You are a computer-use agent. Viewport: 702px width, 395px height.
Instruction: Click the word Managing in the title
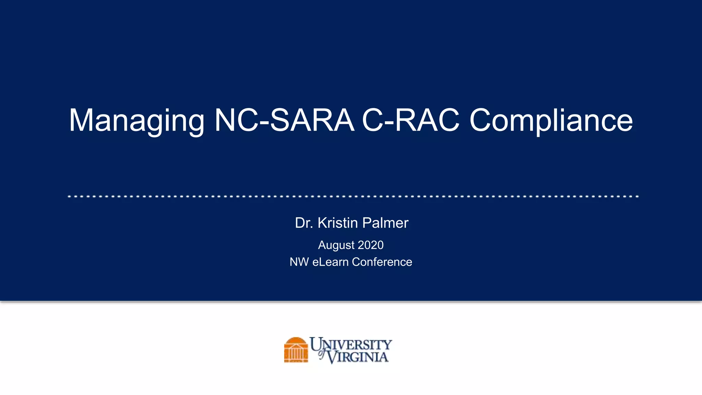tap(136, 121)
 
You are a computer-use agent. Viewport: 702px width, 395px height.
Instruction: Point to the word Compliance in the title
tap(551, 121)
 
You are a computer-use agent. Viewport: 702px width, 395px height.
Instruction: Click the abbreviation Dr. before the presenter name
tap(304, 223)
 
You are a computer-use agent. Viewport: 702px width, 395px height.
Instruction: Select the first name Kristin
tap(338, 223)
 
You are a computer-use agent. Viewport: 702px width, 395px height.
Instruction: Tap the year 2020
tap(371, 245)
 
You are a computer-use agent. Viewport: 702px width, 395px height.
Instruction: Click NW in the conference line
tap(299, 262)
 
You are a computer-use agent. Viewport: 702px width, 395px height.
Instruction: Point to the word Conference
tap(382, 262)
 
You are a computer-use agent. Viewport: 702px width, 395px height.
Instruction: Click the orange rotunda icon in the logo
tap(296, 350)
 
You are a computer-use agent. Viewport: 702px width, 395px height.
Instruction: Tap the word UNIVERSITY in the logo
tap(351, 344)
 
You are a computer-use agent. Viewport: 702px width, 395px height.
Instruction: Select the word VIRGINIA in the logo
tap(358, 357)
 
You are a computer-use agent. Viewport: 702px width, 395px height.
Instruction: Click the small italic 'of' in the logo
tap(322, 354)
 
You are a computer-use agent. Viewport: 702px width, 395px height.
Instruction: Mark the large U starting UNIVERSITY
tap(316, 344)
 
